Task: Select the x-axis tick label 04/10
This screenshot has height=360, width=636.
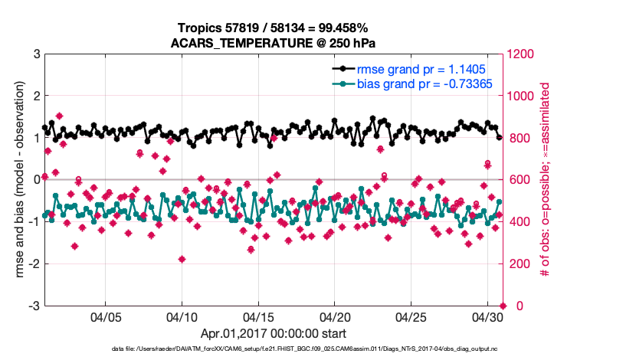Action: [182, 316]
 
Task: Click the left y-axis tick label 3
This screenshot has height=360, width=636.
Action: [36, 54]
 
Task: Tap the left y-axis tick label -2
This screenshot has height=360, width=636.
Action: [34, 263]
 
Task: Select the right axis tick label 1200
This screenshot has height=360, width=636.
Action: [524, 54]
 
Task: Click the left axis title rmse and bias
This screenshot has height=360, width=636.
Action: [15, 180]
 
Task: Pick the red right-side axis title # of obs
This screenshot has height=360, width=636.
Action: [546, 180]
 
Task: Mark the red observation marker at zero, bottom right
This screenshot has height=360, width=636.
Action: [503, 306]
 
